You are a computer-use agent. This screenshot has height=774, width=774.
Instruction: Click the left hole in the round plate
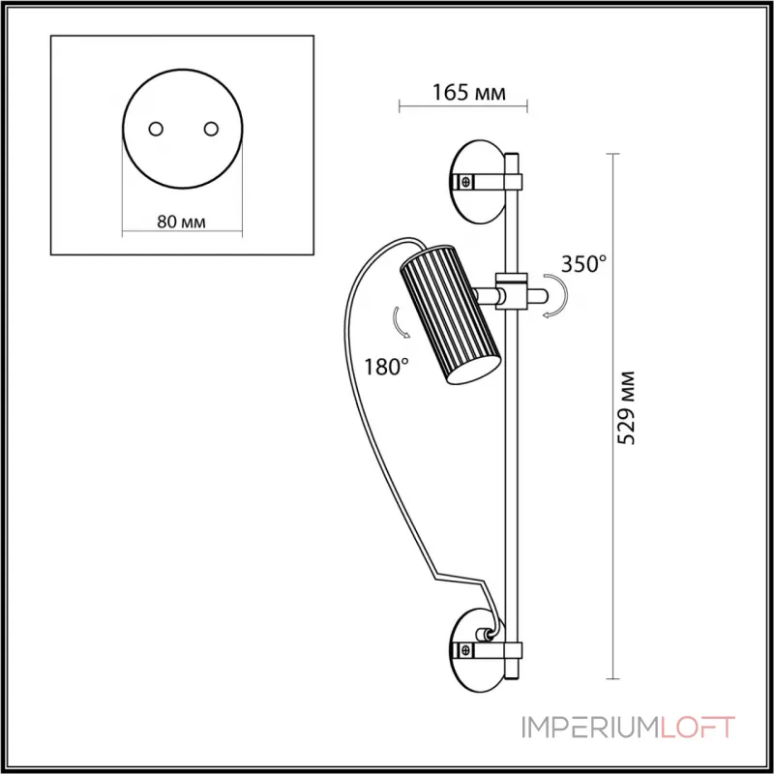[x=155, y=129]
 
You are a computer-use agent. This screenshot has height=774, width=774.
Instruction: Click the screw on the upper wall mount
[x=466, y=180]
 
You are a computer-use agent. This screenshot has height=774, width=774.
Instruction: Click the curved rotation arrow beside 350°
[x=554, y=295]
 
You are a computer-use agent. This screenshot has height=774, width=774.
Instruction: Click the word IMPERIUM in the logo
[x=601, y=729]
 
